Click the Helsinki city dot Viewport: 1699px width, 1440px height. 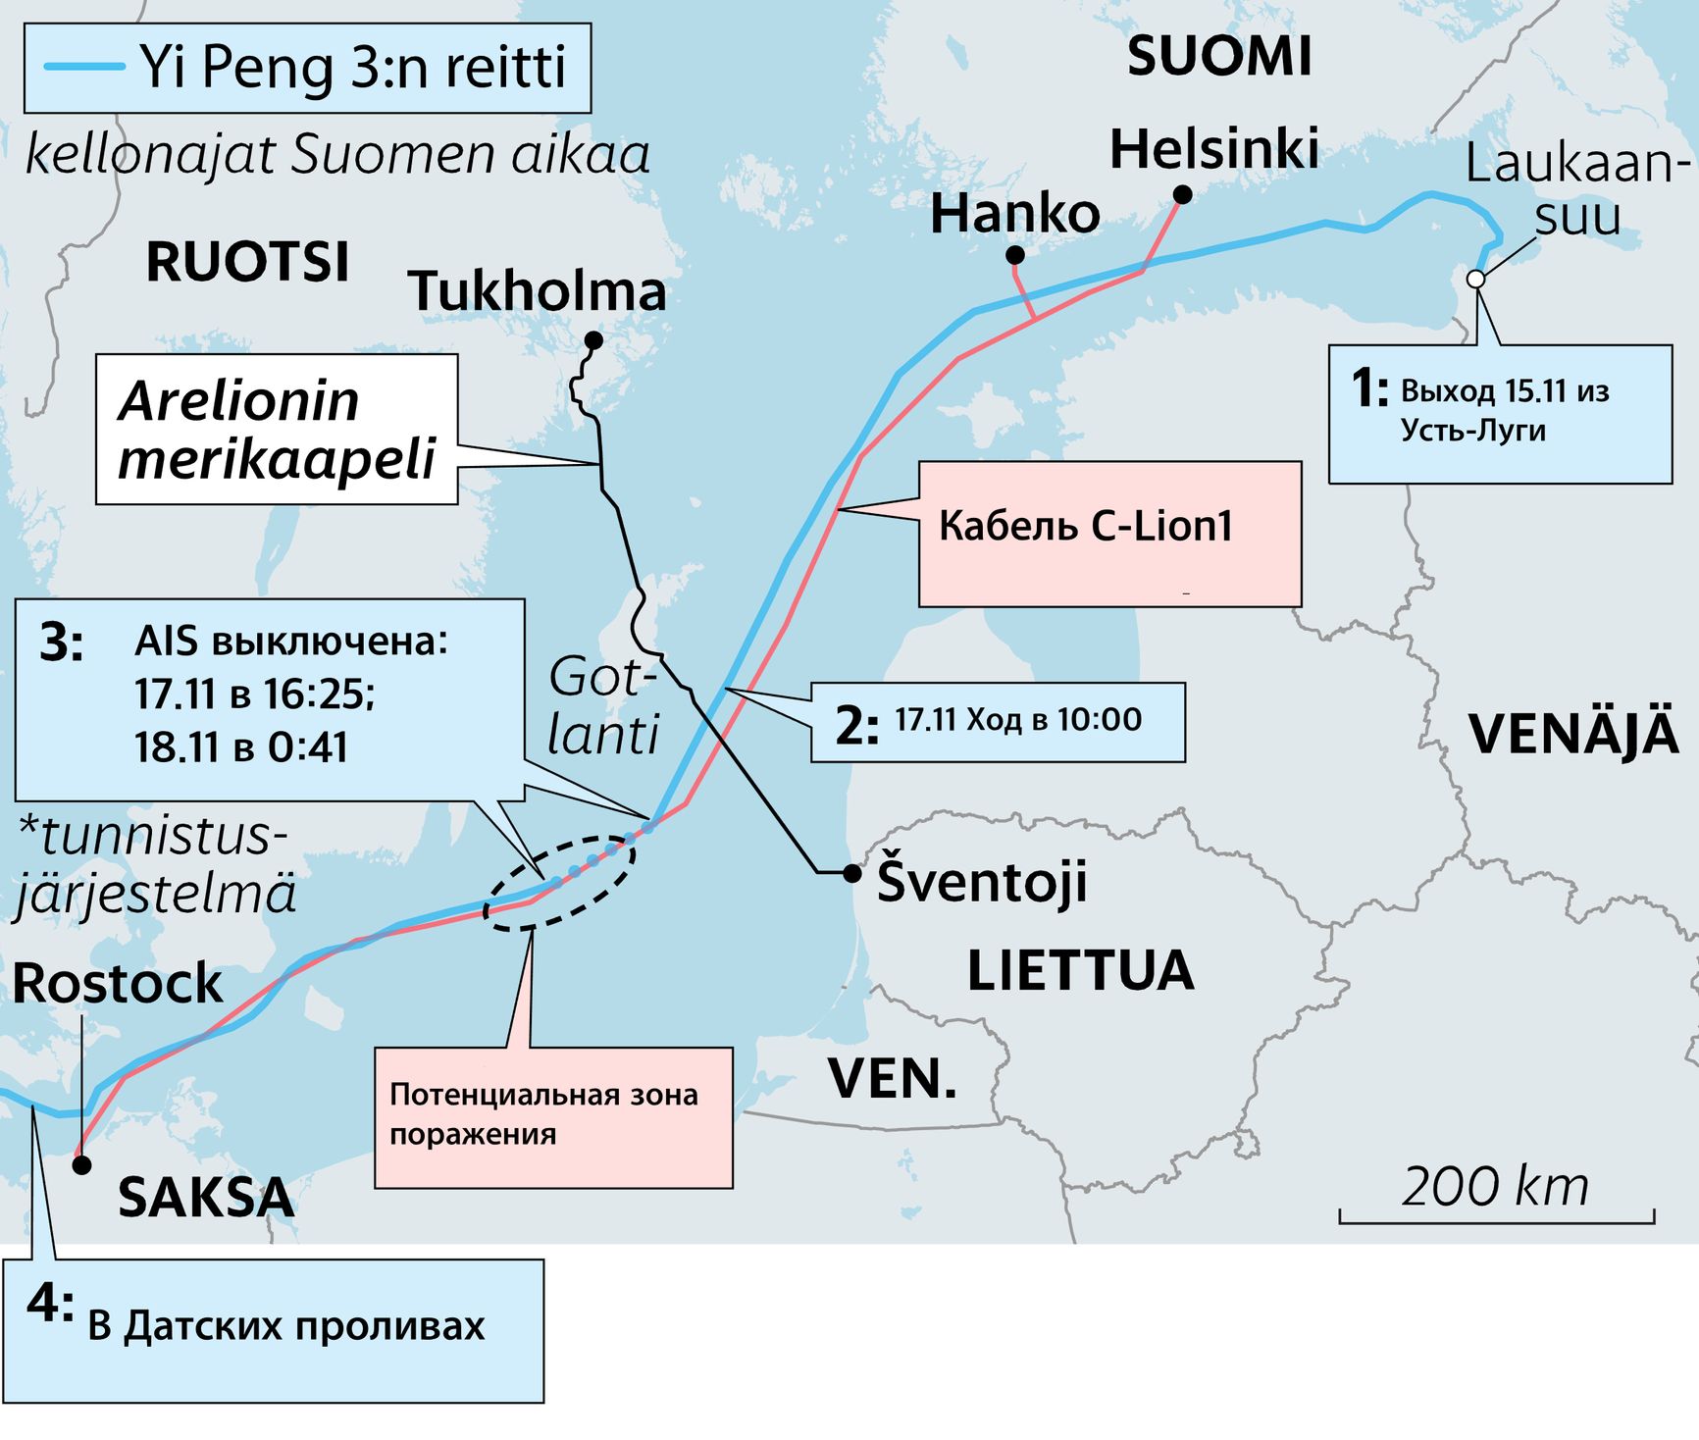click(x=1183, y=195)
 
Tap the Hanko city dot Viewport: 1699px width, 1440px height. click(x=1015, y=255)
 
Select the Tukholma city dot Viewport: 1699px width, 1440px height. click(x=593, y=340)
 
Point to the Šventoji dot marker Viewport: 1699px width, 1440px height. click(x=852, y=872)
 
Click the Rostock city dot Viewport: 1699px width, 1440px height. click(x=82, y=1164)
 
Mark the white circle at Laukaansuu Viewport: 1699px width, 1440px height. click(x=1475, y=279)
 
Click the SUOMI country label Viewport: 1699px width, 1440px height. click(x=1218, y=56)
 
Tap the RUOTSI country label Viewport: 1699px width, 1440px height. click(x=247, y=262)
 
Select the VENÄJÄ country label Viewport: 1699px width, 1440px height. click(x=1572, y=734)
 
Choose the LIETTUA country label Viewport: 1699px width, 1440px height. click(x=1080, y=970)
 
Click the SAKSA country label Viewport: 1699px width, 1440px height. click(x=206, y=1197)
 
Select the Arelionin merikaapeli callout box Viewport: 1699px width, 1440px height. click(x=277, y=430)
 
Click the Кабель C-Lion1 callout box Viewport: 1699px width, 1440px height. click(x=1109, y=534)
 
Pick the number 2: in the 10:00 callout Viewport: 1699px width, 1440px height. click(x=856, y=725)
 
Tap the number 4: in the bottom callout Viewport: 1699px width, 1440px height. click(x=50, y=1305)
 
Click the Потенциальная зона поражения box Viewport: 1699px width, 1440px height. click(x=553, y=1117)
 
